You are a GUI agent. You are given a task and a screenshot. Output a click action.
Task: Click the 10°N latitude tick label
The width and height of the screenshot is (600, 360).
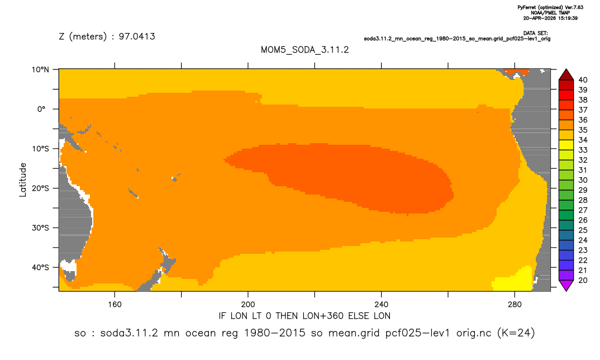tap(40, 70)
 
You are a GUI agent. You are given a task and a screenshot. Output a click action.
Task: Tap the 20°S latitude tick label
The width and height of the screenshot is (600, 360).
tap(40, 188)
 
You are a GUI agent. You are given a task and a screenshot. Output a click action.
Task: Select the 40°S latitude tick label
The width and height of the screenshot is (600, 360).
tap(40, 267)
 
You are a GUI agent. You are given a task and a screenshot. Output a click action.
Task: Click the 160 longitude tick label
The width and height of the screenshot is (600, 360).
tap(115, 305)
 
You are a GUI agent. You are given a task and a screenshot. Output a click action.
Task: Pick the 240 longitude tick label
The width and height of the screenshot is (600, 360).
tap(382, 305)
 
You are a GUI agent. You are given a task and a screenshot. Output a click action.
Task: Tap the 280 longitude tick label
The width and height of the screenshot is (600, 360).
tap(515, 305)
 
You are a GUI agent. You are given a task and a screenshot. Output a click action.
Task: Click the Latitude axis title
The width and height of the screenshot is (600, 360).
tap(23, 180)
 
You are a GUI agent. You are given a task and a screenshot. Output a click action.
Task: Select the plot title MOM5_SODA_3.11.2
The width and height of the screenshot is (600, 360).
tap(304, 50)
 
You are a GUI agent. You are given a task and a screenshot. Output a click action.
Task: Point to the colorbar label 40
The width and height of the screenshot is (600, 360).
tap(583, 80)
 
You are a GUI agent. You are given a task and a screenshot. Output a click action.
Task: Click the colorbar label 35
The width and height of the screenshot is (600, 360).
tap(583, 130)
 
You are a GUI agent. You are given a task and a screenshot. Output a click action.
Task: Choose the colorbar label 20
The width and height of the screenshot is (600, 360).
tap(583, 280)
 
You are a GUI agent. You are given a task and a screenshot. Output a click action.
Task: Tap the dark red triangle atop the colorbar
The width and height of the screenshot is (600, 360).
tap(566, 75)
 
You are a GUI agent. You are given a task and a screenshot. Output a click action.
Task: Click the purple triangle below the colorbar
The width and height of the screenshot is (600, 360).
tap(566, 285)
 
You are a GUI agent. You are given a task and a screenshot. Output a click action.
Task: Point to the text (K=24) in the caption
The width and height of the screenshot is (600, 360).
tap(516, 333)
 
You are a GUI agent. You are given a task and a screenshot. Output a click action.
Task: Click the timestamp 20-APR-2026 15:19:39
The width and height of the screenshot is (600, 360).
tap(550, 18)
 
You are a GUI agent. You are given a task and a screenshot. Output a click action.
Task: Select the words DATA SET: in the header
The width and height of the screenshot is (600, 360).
tap(535, 34)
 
